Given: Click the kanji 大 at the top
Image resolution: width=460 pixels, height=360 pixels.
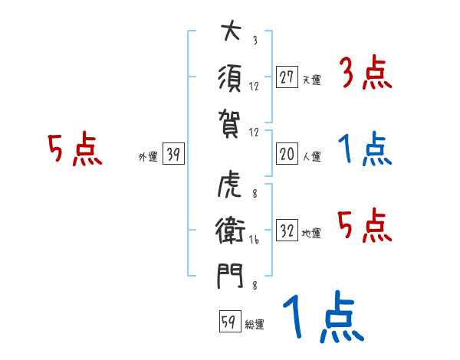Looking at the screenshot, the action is pyautogui.click(x=228, y=34).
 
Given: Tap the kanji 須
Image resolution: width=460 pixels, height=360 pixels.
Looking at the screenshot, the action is pyautogui.click(x=228, y=77).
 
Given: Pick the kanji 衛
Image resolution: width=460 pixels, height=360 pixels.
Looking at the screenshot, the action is pyautogui.click(x=228, y=231).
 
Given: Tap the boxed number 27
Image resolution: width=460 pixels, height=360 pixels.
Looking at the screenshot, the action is pyautogui.click(x=287, y=77).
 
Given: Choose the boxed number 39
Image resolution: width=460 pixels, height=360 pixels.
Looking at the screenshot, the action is pyautogui.click(x=173, y=155).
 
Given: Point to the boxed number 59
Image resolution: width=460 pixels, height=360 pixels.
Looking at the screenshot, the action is pyautogui.click(x=228, y=322).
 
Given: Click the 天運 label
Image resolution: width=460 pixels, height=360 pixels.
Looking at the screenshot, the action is pyautogui.click(x=311, y=80).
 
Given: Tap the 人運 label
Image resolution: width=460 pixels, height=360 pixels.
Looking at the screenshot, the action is pyautogui.click(x=311, y=157).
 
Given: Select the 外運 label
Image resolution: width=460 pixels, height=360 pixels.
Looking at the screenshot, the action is pyautogui.click(x=148, y=157).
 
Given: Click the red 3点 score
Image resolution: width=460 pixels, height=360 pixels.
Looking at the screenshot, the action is pyautogui.click(x=366, y=74).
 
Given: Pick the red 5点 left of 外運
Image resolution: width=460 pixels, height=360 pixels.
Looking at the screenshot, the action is pyautogui.click(x=75, y=149).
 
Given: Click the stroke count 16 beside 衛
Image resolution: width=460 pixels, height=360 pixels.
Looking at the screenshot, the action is pyautogui.click(x=255, y=240).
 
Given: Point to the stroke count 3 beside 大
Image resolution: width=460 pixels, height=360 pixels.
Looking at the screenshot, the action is pyautogui.click(x=255, y=41).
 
